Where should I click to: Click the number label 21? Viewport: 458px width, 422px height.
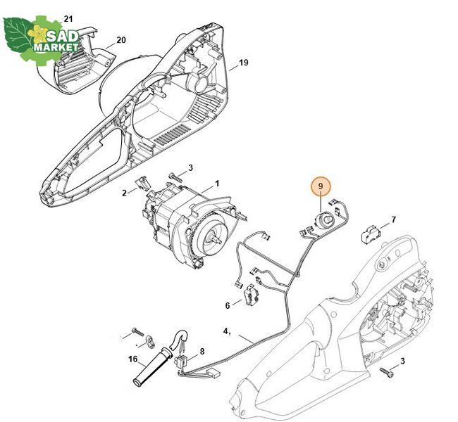click(68, 19)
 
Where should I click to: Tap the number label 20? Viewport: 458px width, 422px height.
click(121, 40)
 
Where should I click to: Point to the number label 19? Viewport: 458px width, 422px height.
click(244, 63)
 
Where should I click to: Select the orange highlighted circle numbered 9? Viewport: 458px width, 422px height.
click(321, 186)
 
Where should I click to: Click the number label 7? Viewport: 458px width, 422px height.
click(393, 219)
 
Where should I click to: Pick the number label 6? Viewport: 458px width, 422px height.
click(228, 305)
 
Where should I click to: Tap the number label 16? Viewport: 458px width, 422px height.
click(133, 359)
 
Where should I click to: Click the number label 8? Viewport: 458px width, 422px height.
click(202, 352)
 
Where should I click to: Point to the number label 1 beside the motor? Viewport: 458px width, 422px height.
click(217, 184)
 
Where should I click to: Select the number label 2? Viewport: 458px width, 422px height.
click(125, 193)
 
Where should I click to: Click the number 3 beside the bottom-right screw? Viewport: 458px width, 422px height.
click(402, 361)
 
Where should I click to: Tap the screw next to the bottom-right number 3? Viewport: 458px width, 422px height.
click(386, 372)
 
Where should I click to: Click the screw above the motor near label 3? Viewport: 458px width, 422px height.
click(175, 178)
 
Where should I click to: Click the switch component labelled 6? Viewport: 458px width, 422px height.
click(251, 296)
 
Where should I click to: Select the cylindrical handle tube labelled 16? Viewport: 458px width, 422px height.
click(154, 366)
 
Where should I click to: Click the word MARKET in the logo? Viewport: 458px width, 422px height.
click(56, 47)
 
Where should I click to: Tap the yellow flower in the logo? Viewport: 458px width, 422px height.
click(37, 33)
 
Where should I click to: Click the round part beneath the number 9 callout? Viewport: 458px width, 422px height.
click(323, 220)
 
